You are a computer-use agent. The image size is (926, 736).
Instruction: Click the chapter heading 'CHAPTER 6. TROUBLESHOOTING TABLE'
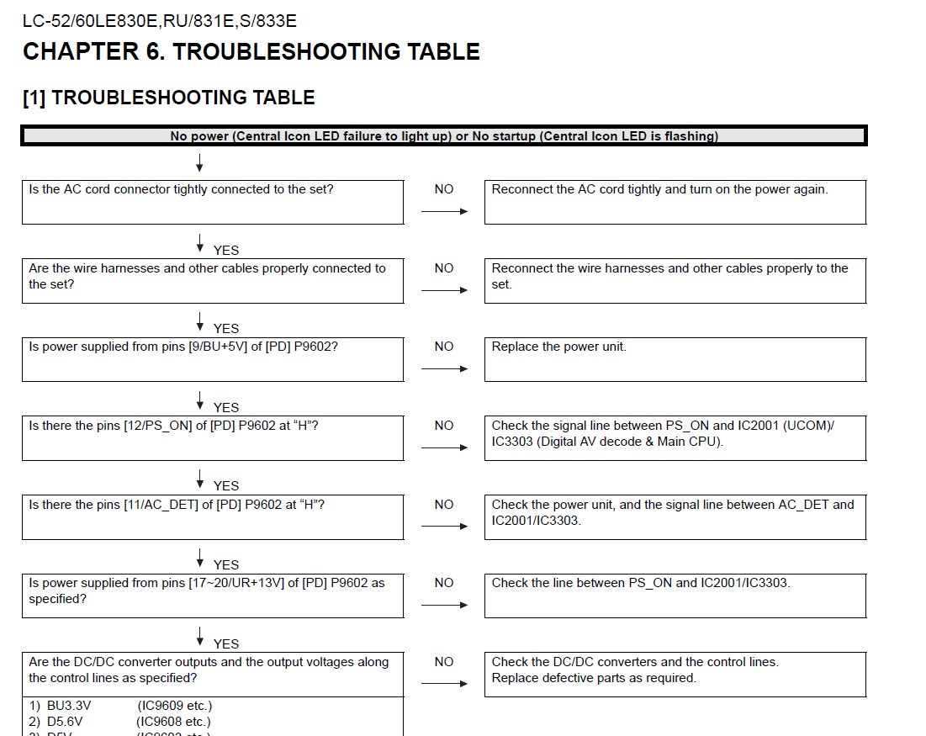point(251,52)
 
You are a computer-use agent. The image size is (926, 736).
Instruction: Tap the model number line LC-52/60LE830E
point(160,21)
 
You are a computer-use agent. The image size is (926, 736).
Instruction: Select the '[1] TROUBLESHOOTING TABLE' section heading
point(168,98)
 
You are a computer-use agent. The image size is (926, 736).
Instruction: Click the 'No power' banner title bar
point(444,136)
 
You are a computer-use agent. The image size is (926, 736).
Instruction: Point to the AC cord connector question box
point(213,202)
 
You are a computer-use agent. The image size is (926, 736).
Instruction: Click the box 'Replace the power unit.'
point(675,359)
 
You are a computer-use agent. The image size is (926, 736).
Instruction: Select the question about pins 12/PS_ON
point(213,437)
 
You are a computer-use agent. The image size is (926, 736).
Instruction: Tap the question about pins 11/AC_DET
point(213,516)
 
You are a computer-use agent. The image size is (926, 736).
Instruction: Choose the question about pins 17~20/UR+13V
point(213,595)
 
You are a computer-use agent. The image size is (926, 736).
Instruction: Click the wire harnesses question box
point(213,280)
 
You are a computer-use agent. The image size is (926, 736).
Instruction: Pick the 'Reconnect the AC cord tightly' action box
point(675,202)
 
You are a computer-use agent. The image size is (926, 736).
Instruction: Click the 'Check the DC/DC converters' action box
point(675,674)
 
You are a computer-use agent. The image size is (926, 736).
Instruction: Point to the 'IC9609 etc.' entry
point(175,706)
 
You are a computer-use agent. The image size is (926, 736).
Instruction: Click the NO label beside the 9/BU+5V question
point(444,347)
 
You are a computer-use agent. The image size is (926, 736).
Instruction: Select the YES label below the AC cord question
point(226,250)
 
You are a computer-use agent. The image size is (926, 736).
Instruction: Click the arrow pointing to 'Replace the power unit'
point(444,368)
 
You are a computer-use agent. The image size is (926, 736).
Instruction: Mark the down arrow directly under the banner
point(200,161)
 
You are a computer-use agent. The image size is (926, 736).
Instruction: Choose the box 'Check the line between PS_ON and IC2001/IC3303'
point(675,595)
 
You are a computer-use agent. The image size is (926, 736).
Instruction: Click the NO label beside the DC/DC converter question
point(444,662)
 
